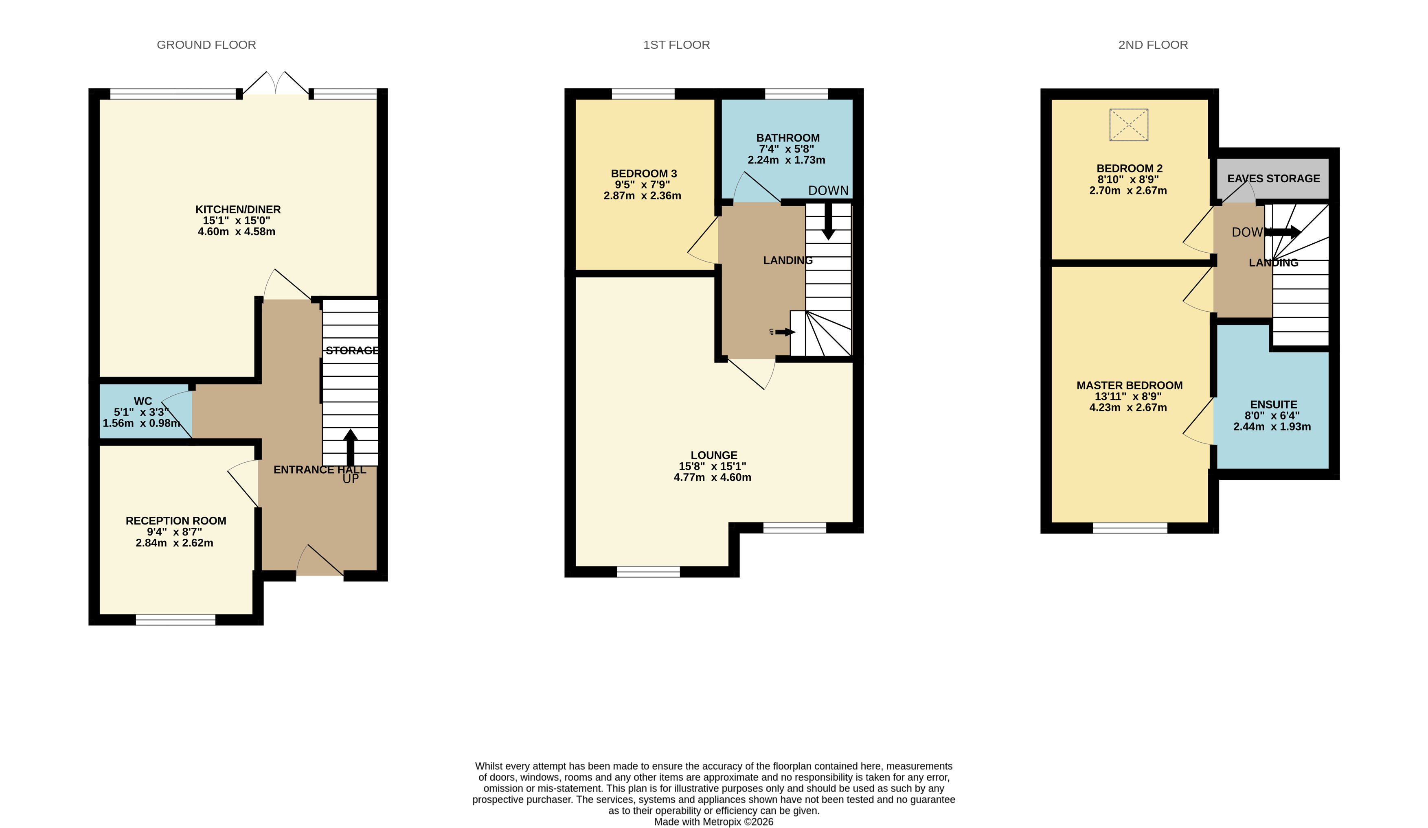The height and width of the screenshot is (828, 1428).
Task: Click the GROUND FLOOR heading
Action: (206, 45)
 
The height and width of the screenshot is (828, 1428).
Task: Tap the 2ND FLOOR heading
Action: (1153, 45)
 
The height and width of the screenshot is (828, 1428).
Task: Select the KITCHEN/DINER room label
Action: (238, 210)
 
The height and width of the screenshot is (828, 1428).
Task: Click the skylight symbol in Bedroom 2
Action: (1128, 125)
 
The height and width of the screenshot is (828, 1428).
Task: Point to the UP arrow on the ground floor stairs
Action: (350, 448)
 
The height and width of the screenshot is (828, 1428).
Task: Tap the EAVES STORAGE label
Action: (1273, 178)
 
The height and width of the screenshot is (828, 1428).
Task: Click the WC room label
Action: (143, 401)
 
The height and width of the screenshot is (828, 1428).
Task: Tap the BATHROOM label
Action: (787, 138)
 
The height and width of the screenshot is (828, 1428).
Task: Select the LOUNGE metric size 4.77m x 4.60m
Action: (712, 477)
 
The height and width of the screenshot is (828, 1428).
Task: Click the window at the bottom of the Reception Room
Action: (175, 620)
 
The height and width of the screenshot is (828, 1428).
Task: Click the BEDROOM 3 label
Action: (644, 173)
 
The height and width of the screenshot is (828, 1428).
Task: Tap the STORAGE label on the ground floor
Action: (351, 351)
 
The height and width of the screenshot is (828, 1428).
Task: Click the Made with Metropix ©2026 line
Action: (713, 822)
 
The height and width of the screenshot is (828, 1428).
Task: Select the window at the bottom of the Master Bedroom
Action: (1130, 529)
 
